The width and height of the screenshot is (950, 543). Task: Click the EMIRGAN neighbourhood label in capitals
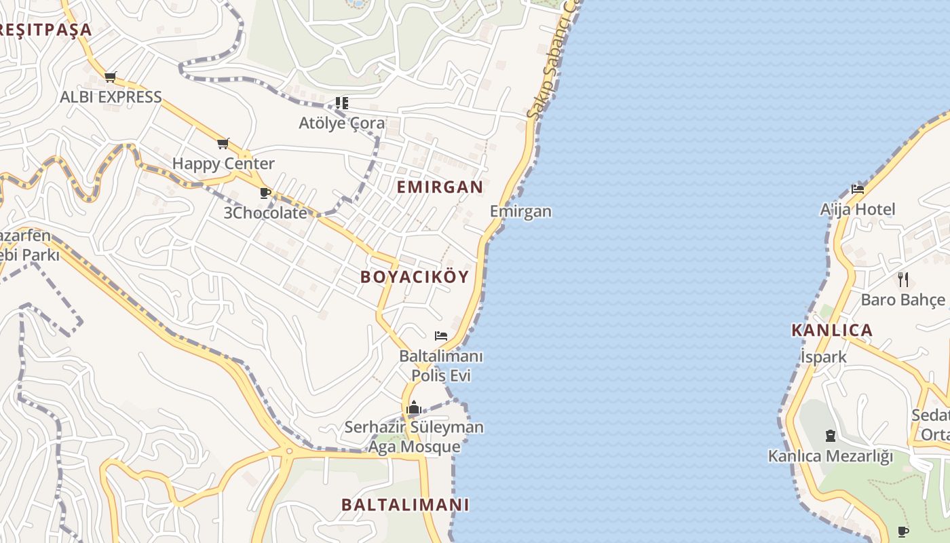[x=440, y=187]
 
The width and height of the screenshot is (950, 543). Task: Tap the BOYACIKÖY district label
[x=415, y=277]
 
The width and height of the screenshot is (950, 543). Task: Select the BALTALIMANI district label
[x=405, y=505]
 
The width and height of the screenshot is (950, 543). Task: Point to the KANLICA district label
[x=832, y=331]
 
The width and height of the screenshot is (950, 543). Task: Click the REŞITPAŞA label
[x=45, y=30]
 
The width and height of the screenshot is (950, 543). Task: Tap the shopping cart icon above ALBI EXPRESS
[x=111, y=77]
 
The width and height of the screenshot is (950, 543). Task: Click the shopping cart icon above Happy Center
[x=223, y=143]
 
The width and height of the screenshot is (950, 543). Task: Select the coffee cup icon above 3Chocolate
[x=265, y=193]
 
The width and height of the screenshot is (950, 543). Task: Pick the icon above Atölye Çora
[x=342, y=103]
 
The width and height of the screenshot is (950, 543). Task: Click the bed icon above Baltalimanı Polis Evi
[x=441, y=335]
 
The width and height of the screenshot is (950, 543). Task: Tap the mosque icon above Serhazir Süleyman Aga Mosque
[x=414, y=408]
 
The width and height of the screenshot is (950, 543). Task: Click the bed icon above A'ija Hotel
[x=858, y=189]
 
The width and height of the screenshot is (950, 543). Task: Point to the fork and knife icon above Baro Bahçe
[x=903, y=279]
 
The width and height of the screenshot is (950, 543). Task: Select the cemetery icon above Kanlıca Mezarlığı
[x=830, y=436]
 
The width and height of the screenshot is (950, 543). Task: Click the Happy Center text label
[x=223, y=164]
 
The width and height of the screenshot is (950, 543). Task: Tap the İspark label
[x=823, y=357]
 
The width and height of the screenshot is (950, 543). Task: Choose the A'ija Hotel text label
[x=858, y=209]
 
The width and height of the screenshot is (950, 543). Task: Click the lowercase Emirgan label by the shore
[x=520, y=211]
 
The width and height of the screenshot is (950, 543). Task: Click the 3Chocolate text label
[x=265, y=212]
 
